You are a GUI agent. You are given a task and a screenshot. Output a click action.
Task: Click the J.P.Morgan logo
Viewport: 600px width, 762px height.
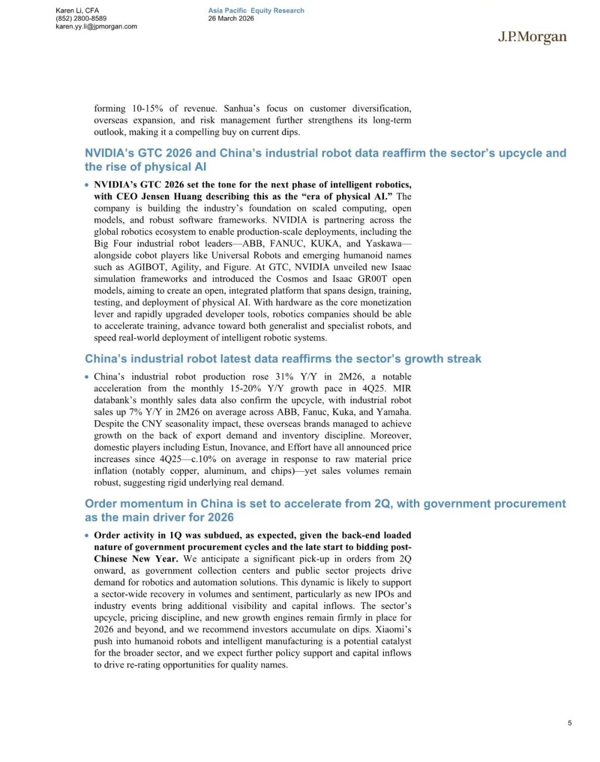coord(532,37)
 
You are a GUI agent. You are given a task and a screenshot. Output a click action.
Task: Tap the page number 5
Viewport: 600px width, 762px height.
coord(569,723)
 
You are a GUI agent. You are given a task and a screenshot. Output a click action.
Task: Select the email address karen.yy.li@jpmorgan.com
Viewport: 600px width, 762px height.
coord(96,26)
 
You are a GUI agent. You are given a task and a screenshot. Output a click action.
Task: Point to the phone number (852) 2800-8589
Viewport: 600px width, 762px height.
coord(81,18)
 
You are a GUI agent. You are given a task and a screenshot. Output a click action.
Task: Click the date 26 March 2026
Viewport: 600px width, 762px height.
coord(231,18)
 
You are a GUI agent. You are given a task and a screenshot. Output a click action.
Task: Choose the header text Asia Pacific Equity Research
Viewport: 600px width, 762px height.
coord(256,11)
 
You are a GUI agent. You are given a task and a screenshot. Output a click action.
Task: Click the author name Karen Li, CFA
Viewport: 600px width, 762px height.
coord(77,11)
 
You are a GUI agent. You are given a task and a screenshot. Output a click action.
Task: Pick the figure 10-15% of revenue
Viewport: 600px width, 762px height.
coord(147,108)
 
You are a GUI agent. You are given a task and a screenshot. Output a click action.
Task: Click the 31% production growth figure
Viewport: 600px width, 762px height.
coord(284,377)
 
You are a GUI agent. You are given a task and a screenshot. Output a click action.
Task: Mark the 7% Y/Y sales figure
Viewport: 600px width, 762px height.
coord(136,412)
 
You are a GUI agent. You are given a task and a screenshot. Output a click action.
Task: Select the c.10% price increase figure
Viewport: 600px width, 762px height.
coord(203,459)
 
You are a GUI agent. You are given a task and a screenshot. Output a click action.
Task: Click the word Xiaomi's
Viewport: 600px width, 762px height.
coord(393,629)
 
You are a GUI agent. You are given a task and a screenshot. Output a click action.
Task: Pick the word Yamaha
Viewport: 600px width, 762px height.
coord(393,412)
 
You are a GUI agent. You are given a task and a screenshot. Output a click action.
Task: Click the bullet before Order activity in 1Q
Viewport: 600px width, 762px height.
coord(87,536)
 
